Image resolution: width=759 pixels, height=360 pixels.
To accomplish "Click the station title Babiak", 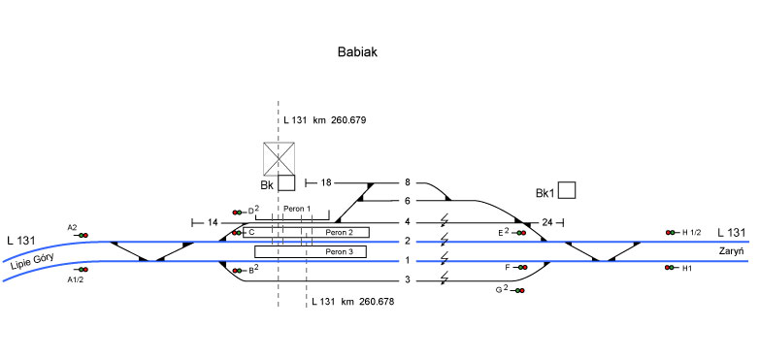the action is coord(357,52).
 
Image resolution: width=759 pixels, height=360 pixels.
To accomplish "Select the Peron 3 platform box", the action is coord(311,251).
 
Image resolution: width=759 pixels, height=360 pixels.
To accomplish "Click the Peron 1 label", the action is coord(297,209).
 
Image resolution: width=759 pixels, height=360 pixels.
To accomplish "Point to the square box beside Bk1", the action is coord(567,190).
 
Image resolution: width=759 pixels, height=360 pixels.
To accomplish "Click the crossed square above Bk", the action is coord(279,159).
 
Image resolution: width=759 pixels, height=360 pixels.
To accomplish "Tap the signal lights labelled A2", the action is coord(82,235).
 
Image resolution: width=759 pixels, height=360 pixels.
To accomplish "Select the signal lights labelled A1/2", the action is coord(82,270).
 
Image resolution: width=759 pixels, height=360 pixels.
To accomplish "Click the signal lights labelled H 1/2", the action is coord(670,233).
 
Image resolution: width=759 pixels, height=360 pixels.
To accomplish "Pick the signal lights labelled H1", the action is coord(670,268).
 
